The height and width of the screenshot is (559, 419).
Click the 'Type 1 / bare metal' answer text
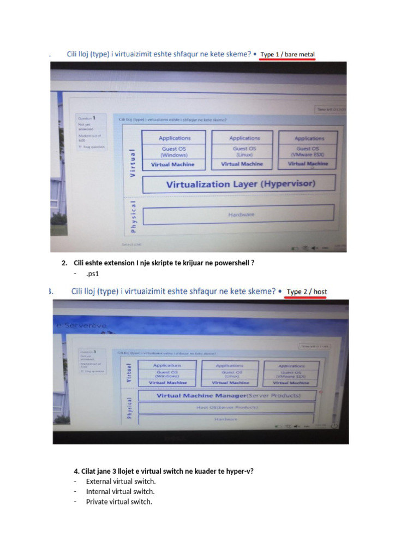coord(288,54)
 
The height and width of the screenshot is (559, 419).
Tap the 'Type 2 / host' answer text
coord(307,292)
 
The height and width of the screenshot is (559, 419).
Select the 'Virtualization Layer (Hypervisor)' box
coord(240,184)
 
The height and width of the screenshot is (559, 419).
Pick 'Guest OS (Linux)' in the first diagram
coord(244,151)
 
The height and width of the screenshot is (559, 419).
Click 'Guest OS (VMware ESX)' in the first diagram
coord(310,151)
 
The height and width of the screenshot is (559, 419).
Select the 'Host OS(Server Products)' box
coord(227,407)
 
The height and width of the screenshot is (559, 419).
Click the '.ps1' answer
coord(92,273)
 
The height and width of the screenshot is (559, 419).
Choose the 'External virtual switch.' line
coord(121,481)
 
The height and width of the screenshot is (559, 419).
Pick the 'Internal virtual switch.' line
coord(120,491)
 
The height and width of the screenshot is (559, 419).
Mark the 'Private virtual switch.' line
coord(119,502)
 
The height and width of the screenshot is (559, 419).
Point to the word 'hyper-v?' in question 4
coord(240,471)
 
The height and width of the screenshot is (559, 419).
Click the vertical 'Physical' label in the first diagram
coord(133,215)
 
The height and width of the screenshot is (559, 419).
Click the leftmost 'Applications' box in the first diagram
coord(175,138)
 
